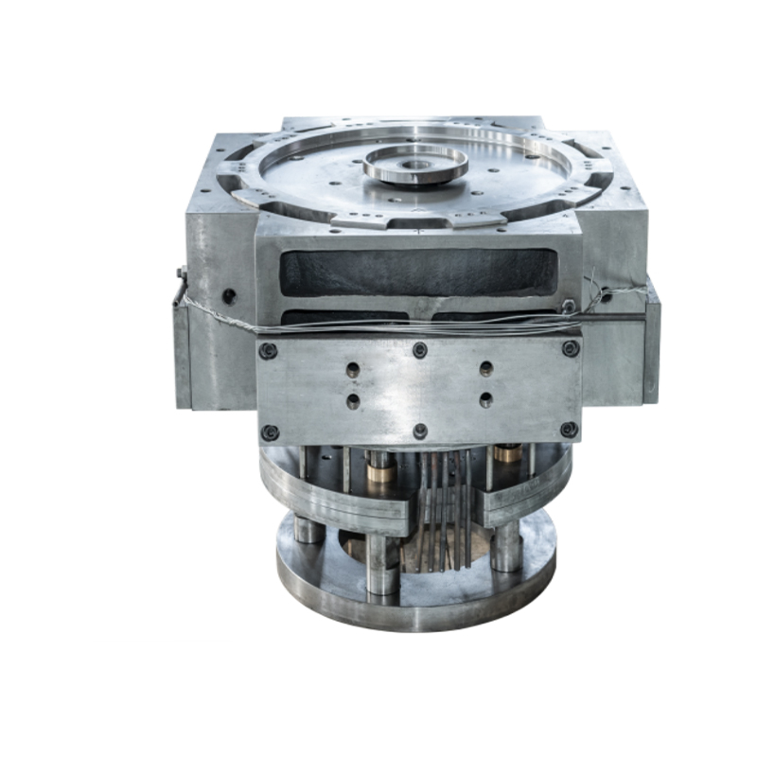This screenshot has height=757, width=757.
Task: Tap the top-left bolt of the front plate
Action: pyautogui.click(x=269, y=351)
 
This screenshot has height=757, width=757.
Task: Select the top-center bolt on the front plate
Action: pyautogui.click(x=419, y=350)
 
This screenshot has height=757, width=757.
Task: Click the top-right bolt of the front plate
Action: pyautogui.click(x=570, y=348)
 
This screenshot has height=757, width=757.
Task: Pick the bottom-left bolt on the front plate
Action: pyautogui.click(x=270, y=432)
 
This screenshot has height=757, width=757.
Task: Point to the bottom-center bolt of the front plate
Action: pyautogui.click(x=420, y=431)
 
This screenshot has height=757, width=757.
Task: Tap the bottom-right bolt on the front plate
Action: pyautogui.click(x=569, y=429)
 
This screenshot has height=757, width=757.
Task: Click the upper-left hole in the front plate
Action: pyautogui.click(x=353, y=370)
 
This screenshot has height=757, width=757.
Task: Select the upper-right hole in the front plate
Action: pyautogui.click(x=485, y=369)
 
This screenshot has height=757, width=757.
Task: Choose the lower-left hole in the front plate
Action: pyautogui.click(x=353, y=401)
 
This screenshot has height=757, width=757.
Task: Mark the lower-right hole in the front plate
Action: pyautogui.click(x=485, y=399)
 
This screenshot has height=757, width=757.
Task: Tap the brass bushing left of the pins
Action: pyautogui.click(x=381, y=468)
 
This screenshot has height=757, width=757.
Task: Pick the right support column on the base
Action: pyautogui.click(x=507, y=546)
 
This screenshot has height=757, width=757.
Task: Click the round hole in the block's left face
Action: pyautogui.click(x=229, y=296)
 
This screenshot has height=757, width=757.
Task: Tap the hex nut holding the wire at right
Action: pyautogui.click(x=568, y=306)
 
